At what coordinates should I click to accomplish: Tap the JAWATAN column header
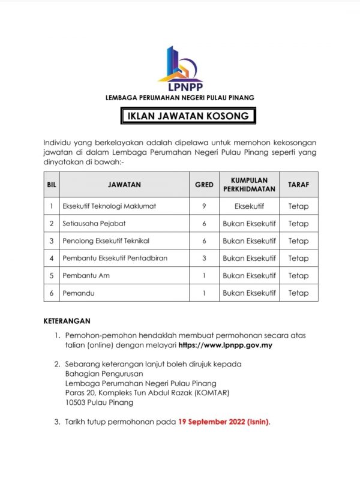[x=124, y=185]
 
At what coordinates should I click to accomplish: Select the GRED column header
[x=204, y=185]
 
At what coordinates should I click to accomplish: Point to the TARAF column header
[x=298, y=185]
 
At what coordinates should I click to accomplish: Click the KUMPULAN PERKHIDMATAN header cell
[x=249, y=185]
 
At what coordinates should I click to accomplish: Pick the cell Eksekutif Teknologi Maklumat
[x=109, y=206]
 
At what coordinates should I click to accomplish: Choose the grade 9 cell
[x=204, y=206]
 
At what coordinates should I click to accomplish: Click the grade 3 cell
[x=204, y=258]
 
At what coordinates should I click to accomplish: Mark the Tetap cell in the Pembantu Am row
[x=298, y=276]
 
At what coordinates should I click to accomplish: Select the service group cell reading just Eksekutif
[x=249, y=206]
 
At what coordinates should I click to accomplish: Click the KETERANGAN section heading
[x=67, y=321]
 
